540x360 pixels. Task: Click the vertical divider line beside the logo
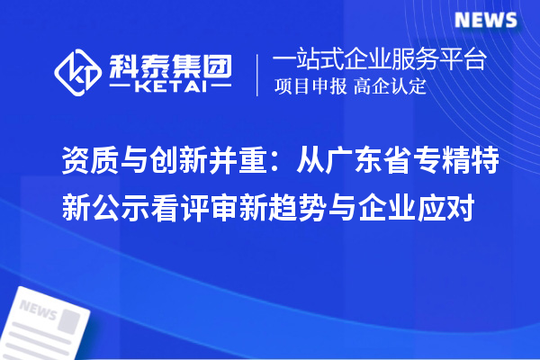[x=258, y=74]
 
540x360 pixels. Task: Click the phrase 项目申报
[x=310, y=87]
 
